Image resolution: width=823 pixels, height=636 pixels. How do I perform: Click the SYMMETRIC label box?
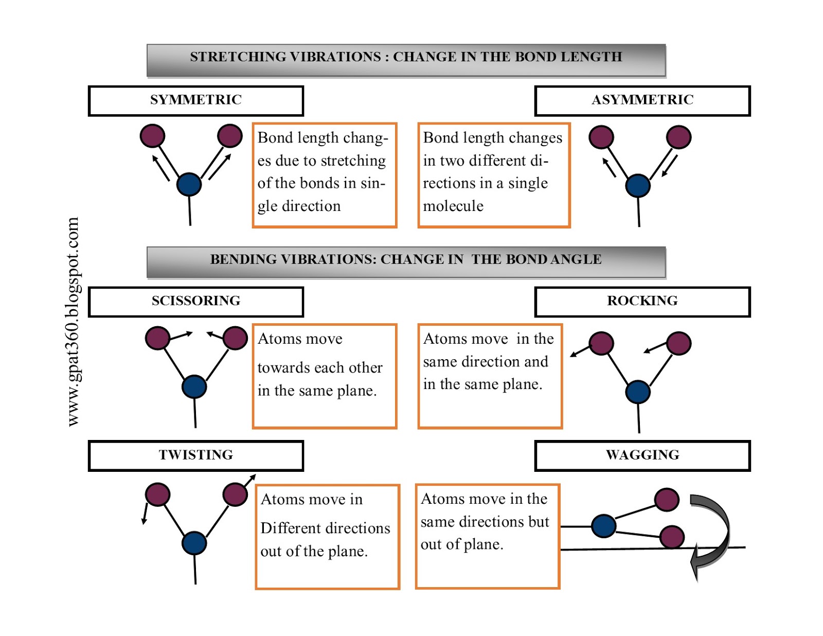click(x=195, y=100)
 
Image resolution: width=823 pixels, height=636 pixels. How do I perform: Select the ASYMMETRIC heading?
click(x=642, y=100)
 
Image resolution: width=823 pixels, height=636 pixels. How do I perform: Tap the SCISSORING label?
click(x=195, y=301)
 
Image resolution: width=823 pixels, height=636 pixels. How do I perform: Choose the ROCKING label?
click(x=642, y=301)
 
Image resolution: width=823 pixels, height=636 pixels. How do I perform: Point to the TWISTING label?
click(x=195, y=455)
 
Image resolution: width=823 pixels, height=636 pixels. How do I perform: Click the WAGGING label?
click(x=642, y=455)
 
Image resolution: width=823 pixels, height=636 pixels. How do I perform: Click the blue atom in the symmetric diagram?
click(x=189, y=184)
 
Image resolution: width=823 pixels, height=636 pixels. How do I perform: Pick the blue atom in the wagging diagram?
click(x=603, y=526)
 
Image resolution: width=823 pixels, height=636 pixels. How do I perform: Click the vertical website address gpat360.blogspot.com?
click(x=73, y=322)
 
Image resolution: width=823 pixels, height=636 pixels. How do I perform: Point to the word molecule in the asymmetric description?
click(x=453, y=206)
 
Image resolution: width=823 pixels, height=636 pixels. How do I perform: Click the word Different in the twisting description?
click(x=294, y=528)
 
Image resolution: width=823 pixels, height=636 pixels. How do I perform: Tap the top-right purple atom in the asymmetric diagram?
click(x=678, y=137)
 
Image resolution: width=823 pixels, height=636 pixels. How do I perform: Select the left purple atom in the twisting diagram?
click(x=157, y=494)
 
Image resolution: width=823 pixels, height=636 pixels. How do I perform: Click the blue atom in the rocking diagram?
click(x=638, y=392)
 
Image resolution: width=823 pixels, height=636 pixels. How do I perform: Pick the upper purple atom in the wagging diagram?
click(x=667, y=499)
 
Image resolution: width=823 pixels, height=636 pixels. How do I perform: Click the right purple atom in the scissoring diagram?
click(x=236, y=338)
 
